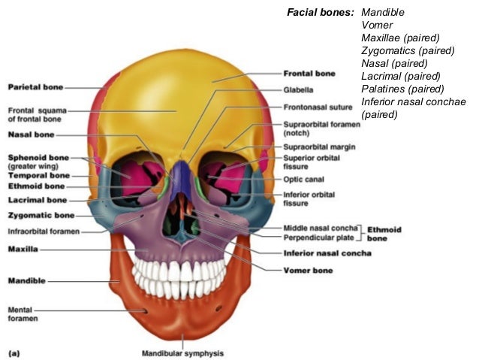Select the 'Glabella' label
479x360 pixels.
(x=298, y=89)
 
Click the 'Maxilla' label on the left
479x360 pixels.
(x=23, y=248)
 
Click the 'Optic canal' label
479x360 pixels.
(x=303, y=180)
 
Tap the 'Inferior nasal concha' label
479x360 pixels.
(x=327, y=253)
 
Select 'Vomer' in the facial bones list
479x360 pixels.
(x=377, y=26)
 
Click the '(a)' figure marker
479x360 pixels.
(x=14, y=351)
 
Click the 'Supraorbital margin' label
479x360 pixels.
(x=319, y=147)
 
